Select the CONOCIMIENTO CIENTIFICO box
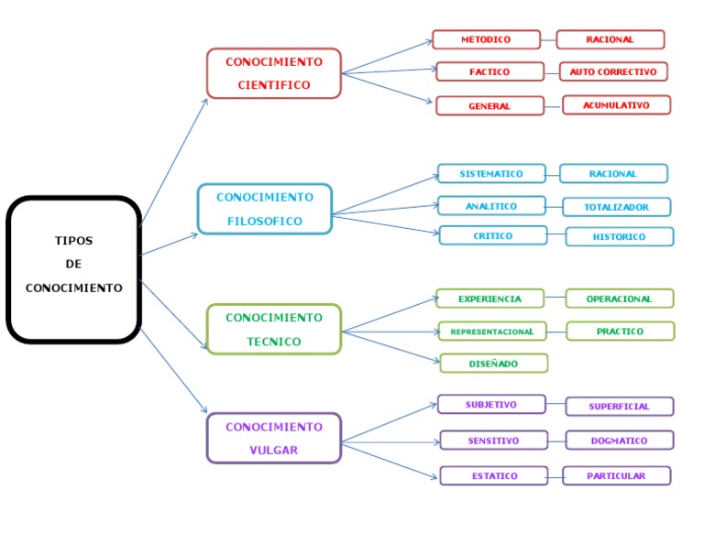tap(274, 73)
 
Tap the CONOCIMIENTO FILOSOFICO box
tap(265, 209)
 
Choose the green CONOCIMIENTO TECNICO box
tap(274, 330)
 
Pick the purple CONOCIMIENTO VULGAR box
tap(274, 438)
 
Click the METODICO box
tap(486, 39)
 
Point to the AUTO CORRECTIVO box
tap(613, 71)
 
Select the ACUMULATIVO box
tap(616, 105)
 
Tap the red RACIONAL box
tap(610, 39)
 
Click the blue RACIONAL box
tap(613, 173)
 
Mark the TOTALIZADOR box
tap(616, 207)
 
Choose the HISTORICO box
tap(619, 236)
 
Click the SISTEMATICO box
tap(491, 173)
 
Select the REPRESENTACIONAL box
tap(491, 331)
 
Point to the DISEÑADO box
tap(493, 364)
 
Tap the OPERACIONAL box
tap(619, 299)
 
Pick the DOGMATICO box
tap(619, 441)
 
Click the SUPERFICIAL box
tap(619, 407)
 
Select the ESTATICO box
tap(493, 475)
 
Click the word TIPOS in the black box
tap(73, 241)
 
